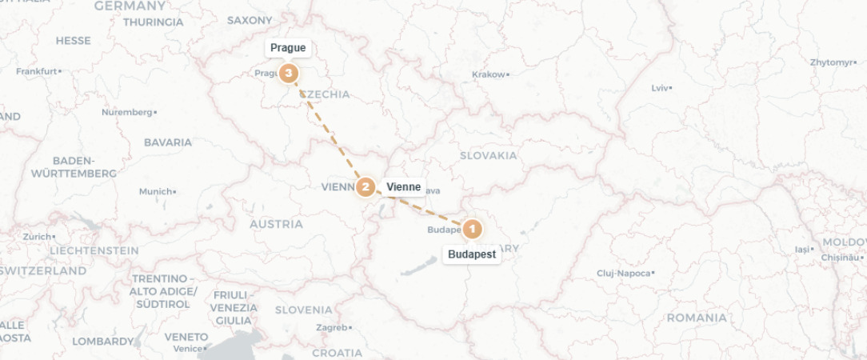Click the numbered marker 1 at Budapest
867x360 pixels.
[472, 230]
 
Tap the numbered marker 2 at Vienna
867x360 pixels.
[366, 188]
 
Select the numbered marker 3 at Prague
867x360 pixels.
[288, 74]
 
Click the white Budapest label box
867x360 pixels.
[472, 255]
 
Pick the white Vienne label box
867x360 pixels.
[403, 187]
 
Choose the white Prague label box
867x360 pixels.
[288, 48]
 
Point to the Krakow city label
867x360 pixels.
[489, 74]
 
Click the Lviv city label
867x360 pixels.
[660, 87]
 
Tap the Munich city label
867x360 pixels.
[156, 192]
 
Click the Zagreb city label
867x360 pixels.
[332, 327]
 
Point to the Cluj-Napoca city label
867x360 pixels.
[625, 273]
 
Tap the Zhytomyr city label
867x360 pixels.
[831, 62]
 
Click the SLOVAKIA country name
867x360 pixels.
[488, 156]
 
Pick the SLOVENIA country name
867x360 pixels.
[303, 310]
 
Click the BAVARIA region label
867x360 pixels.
[168, 142]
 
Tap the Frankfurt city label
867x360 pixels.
[38, 71]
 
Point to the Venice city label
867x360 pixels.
[189, 348]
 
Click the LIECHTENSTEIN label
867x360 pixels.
[94, 250]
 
